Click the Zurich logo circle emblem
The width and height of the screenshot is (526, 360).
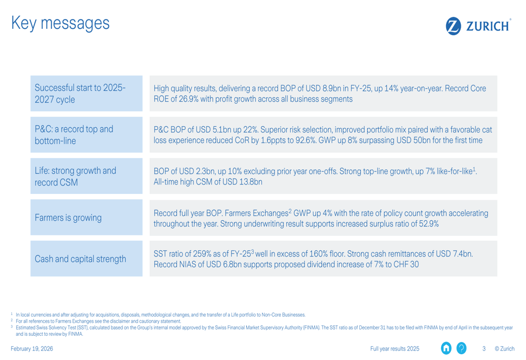click(x=453, y=26)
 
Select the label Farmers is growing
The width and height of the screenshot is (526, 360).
click(x=68, y=218)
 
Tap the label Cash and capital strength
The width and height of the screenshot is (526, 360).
click(x=80, y=259)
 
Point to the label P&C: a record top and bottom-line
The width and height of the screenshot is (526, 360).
click(x=73, y=135)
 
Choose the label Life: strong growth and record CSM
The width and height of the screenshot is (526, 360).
click(x=75, y=176)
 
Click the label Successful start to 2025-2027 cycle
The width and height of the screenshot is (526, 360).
click(x=80, y=94)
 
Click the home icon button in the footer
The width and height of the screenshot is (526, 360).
click(x=447, y=348)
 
